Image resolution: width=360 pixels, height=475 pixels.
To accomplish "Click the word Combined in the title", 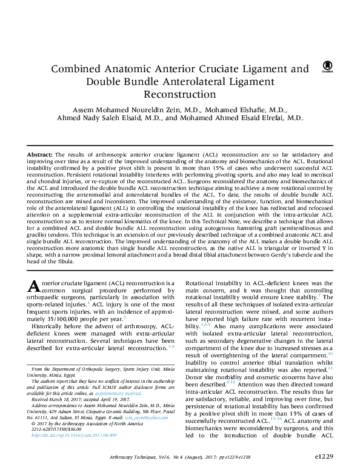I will tap(76, 69).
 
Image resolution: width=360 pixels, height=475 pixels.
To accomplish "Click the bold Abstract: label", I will tap(39, 156).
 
